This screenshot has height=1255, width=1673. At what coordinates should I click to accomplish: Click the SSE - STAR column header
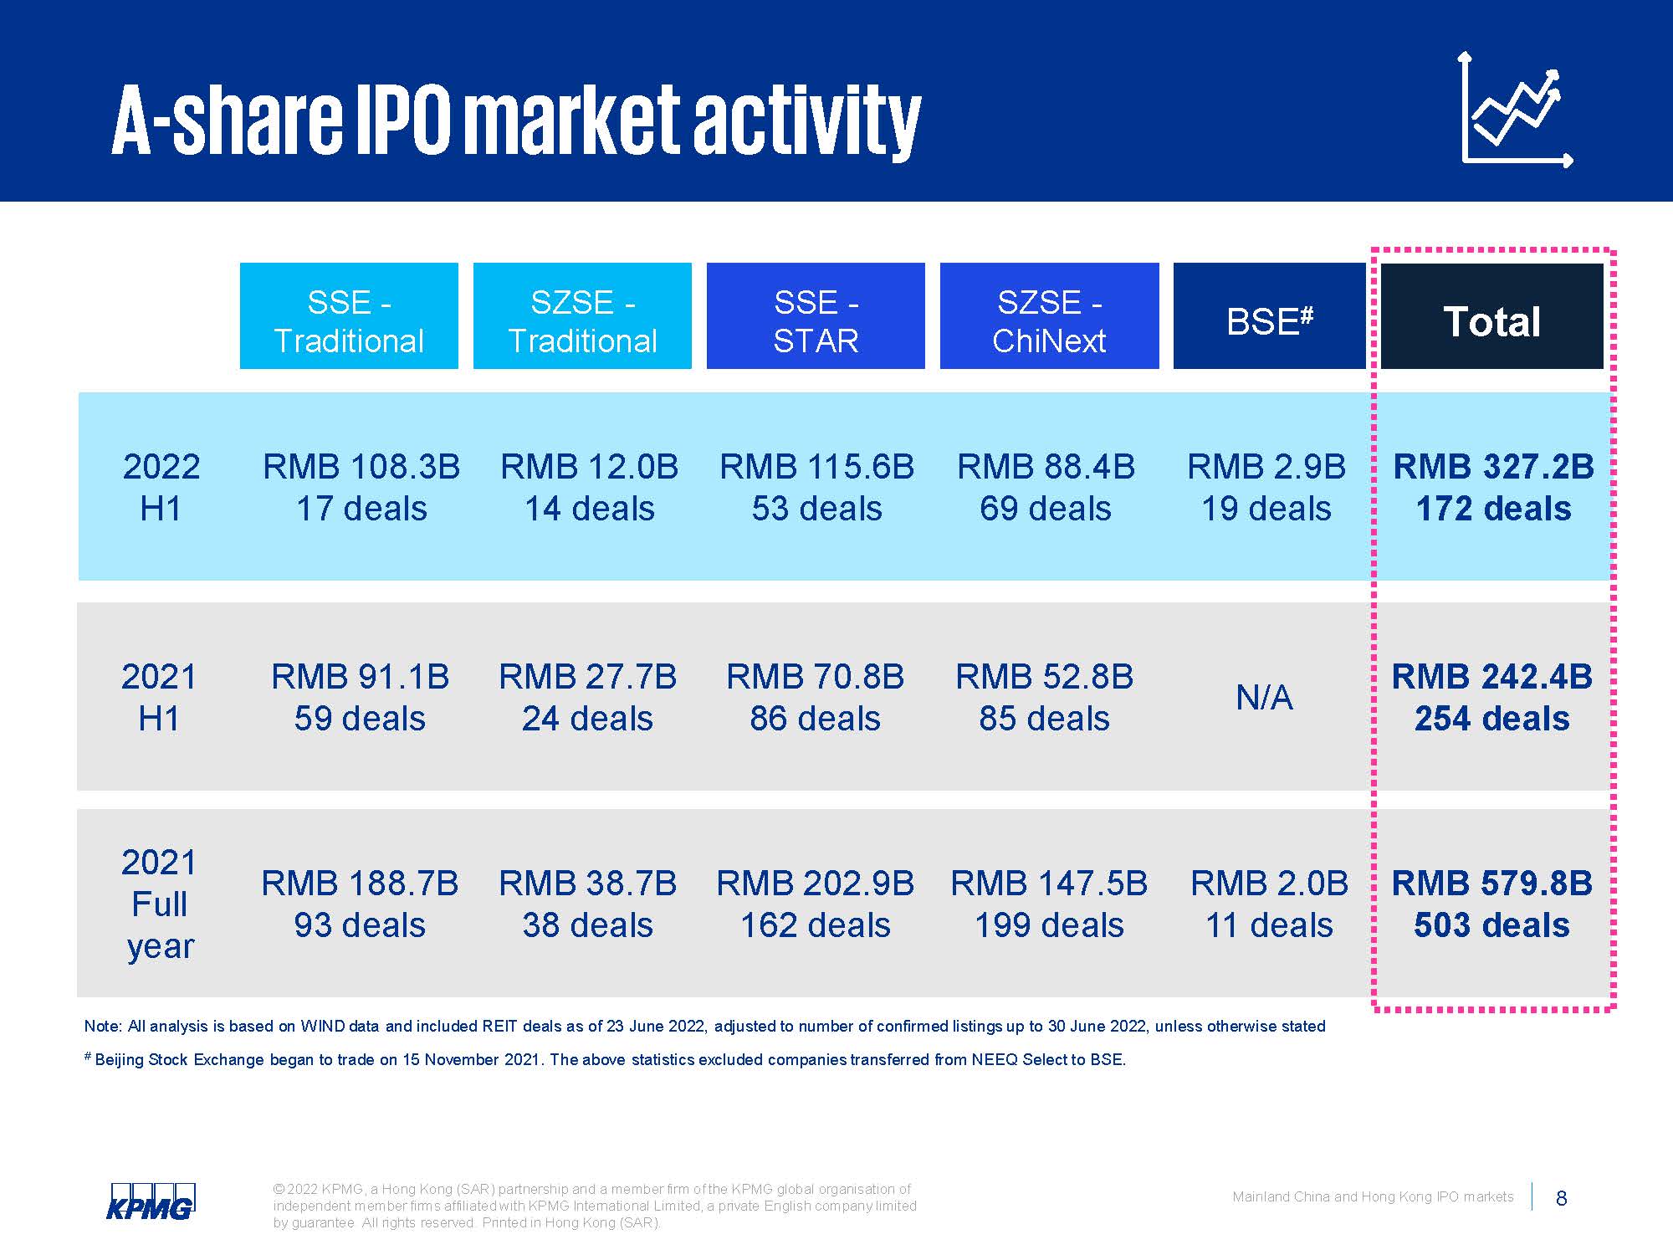816,315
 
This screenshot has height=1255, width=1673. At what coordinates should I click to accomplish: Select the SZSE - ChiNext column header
1049,315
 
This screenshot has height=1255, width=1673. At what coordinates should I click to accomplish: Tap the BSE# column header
1269,315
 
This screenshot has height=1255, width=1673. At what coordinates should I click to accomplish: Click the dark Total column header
1491,315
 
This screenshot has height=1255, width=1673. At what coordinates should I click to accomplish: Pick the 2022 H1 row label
161,487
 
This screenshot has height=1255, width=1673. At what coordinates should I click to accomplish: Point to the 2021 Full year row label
159,904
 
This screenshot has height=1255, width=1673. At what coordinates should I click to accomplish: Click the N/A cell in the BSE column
1264,697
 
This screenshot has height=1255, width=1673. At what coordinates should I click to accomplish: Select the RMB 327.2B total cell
1493,487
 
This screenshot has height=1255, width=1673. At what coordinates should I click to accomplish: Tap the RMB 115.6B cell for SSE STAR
816,487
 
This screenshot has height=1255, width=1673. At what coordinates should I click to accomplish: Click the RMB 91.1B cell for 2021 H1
360,697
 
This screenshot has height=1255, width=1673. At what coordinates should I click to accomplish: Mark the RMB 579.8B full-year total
1491,904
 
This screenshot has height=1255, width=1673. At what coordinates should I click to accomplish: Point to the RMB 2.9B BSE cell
1266,487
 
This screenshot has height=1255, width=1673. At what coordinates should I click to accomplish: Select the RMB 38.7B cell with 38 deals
587,904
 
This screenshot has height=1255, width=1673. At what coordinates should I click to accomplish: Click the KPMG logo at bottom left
151,1201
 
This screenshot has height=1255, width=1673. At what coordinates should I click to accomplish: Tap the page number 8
1561,1198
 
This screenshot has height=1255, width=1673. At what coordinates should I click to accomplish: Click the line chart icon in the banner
1515,110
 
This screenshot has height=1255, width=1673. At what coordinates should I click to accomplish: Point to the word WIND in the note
321,1026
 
